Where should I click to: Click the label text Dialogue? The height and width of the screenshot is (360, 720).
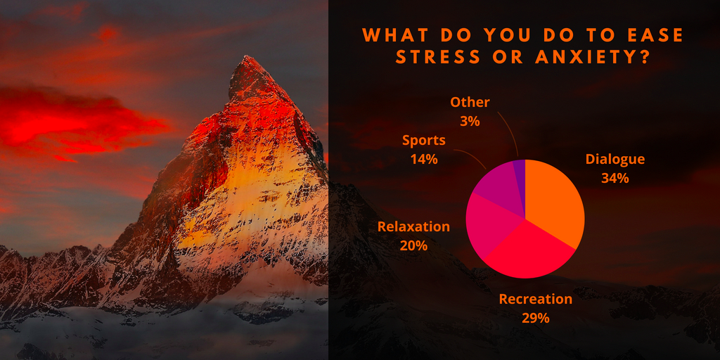[x=615, y=159]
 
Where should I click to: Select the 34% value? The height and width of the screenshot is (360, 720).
[x=615, y=178]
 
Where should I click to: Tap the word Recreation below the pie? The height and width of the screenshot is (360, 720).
[x=535, y=299]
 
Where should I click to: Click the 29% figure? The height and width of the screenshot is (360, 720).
[x=535, y=318]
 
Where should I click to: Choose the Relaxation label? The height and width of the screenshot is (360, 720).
[x=413, y=226]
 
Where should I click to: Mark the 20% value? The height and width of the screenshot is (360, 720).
[x=413, y=245]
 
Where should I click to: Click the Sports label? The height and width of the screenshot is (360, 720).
[x=424, y=141]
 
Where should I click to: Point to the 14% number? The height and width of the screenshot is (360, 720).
[x=424, y=159]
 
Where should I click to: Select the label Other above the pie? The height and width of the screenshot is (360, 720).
[x=470, y=102]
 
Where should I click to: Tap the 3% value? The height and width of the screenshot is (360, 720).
[x=470, y=121]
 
